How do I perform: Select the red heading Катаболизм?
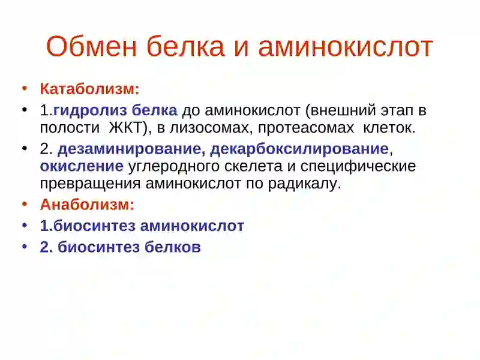(89, 89)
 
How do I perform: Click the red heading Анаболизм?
(87, 205)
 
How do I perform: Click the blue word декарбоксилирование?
(299, 149)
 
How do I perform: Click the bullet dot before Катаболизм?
(25, 89)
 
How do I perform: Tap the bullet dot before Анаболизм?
(25, 204)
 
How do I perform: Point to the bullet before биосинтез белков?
(25, 247)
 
